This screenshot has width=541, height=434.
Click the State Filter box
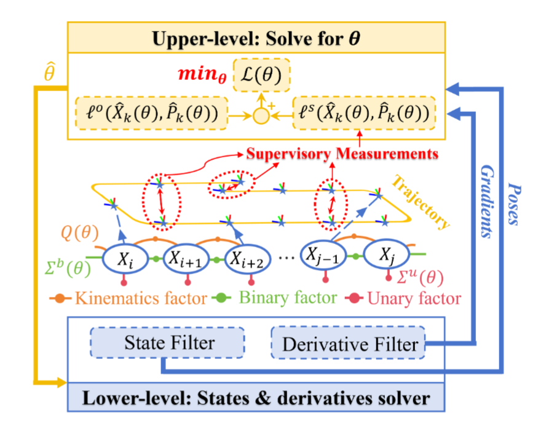[168, 342]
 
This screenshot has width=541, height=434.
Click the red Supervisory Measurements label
[342, 152]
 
